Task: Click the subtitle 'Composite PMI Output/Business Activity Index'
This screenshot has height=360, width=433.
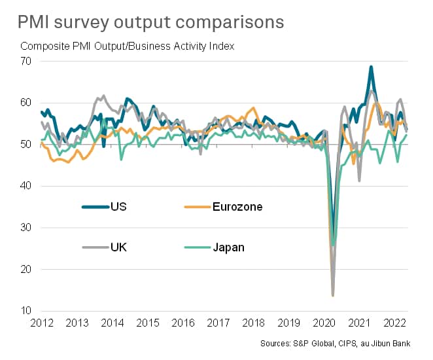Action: tap(128, 46)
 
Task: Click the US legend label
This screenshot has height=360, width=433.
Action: tap(118, 207)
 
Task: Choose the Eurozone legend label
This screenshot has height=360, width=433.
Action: tap(237, 207)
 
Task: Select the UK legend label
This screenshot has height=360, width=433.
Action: tap(118, 247)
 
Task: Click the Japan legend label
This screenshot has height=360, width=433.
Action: tap(229, 247)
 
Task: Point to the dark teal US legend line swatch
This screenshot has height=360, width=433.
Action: tap(95, 207)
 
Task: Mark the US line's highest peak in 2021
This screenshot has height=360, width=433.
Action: tap(372, 67)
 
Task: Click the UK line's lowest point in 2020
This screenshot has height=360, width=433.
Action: tap(333, 295)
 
